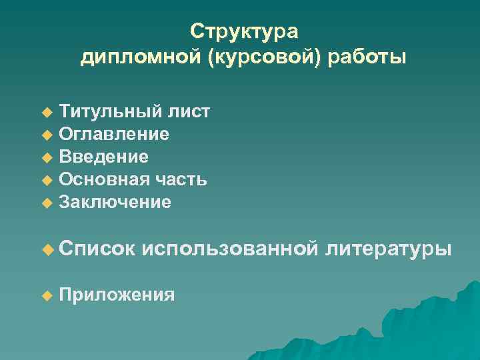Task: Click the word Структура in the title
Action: pos(244,31)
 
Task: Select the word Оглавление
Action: pos(114,135)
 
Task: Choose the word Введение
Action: pos(104,157)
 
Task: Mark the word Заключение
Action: pos(115,202)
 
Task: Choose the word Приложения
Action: pos(117,295)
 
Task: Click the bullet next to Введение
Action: pos(46,158)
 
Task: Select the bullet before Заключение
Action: pos(46,203)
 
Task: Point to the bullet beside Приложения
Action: pos(46,295)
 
